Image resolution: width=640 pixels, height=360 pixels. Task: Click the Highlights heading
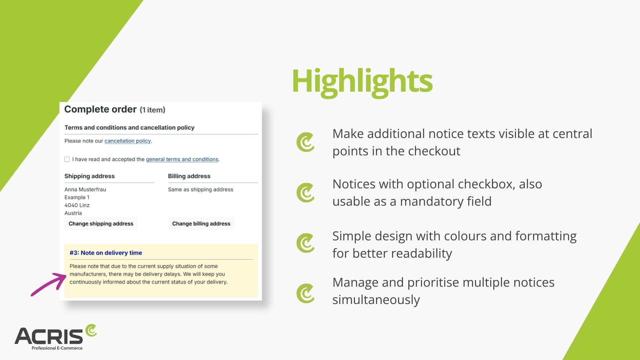pyautogui.click(x=362, y=81)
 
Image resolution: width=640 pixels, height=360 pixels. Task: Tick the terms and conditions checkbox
pyautogui.click(x=67, y=159)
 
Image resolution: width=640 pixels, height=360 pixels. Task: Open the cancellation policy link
pyautogui.click(x=128, y=141)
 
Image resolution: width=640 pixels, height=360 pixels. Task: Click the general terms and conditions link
pyautogui.click(x=182, y=159)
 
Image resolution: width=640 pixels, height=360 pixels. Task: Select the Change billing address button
pyautogui.click(x=201, y=224)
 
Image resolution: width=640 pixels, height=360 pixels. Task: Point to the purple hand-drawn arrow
pyautogui.click(x=49, y=284)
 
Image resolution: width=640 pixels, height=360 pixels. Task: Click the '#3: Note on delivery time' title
pyautogui.click(x=106, y=253)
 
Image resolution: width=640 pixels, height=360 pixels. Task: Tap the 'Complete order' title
pyautogui.click(x=100, y=109)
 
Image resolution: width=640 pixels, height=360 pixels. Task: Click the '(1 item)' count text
pyautogui.click(x=152, y=110)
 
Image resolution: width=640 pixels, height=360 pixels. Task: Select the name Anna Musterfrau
pyautogui.click(x=85, y=189)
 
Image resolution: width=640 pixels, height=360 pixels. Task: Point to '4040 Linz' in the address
pyautogui.click(x=77, y=205)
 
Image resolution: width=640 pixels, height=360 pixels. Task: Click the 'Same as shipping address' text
pyautogui.click(x=201, y=190)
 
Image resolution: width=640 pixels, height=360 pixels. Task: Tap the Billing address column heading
pyautogui.click(x=189, y=176)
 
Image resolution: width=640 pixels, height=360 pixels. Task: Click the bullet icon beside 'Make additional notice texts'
pyautogui.click(x=305, y=142)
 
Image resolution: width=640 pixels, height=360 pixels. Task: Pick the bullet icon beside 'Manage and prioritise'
pyautogui.click(x=305, y=293)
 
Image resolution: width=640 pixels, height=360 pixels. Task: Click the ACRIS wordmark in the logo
pyautogui.click(x=49, y=336)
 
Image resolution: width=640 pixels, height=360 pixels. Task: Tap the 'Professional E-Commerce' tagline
pyautogui.click(x=57, y=348)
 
